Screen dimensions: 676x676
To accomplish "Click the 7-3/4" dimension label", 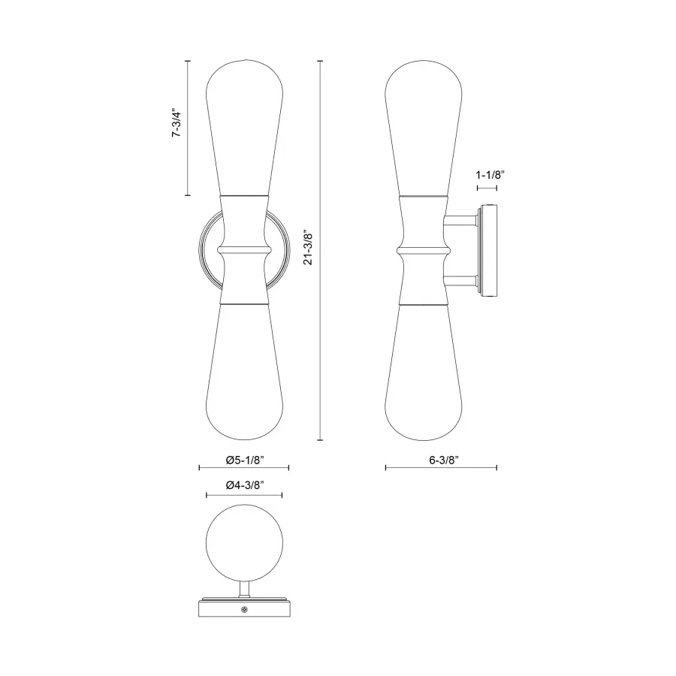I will pos(178,124).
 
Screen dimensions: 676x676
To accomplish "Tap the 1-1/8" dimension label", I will pos(490,174).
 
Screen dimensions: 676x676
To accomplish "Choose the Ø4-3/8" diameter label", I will pos(244,485).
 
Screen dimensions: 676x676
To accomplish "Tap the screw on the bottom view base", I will pos(244,608).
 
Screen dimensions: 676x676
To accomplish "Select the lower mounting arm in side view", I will pos(460,283).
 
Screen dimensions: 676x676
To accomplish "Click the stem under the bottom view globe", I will pos(244,589).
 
